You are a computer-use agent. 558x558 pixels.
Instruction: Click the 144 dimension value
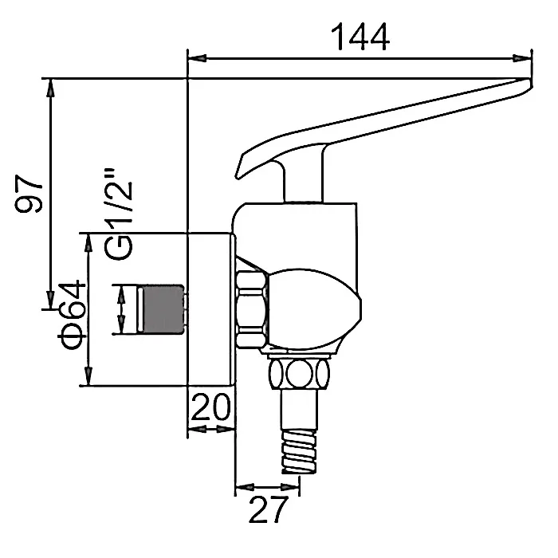(x=360, y=37)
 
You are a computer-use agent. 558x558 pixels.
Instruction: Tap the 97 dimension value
(x=29, y=193)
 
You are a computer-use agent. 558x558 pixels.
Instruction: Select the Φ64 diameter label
(x=72, y=316)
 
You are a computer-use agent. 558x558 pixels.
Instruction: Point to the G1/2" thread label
(x=119, y=214)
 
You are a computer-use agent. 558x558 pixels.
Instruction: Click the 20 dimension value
(x=211, y=407)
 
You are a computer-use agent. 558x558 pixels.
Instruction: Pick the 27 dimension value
(x=269, y=509)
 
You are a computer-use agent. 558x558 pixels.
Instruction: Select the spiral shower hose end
(x=299, y=452)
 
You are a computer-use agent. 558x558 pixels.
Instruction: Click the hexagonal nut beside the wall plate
(x=251, y=309)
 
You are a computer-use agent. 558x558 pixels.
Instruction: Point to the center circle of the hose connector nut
(x=299, y=374)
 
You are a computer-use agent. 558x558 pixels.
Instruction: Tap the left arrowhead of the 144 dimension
(x=197, y=58)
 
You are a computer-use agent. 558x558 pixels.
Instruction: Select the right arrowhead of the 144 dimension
(x=522, y=58)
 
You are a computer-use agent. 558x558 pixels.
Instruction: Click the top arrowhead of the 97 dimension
(x=51, y=88)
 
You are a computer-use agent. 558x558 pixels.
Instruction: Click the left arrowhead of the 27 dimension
(x=245, y=487)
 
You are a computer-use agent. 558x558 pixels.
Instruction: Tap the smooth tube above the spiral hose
(x=299, y=410)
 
